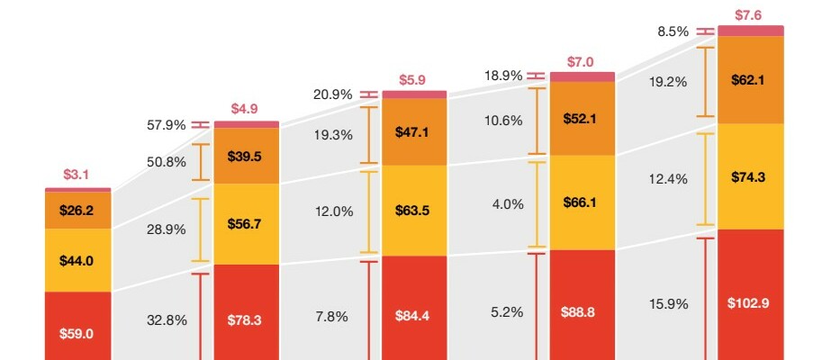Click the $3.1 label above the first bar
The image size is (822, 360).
click(x=77, y=175)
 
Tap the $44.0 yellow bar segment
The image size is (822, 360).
click(x=77, y=260)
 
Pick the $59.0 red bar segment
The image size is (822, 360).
click(x=77, y=332)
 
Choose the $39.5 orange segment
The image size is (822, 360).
click(x=245, y=156)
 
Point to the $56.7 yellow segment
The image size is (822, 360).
click(x=245, y=224)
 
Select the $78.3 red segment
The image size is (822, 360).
click(x=245, y=318)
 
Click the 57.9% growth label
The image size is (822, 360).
click(x=166, y=125)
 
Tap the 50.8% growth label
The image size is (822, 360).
click(x=166, y=162)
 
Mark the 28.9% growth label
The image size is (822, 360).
click(x=166, y=229)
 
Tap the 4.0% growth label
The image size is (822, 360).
click(x=507, y=204)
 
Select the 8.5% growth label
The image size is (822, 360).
click(x=673, y=31)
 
